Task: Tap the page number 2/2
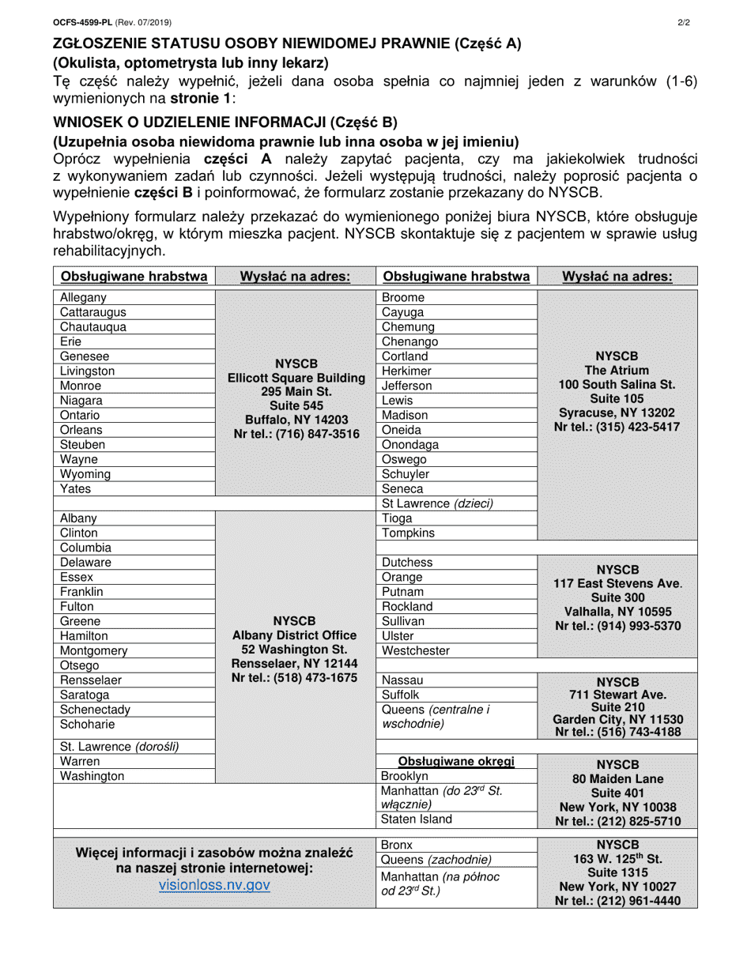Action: pyautogui.click(x=684, y=23)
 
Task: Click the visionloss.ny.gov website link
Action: pyautogui.click(x=214, y=885)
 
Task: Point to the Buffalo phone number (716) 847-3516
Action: pyautogui.click(x=296, y=434)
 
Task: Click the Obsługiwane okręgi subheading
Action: pyautogui.click(x=456, y=762)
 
